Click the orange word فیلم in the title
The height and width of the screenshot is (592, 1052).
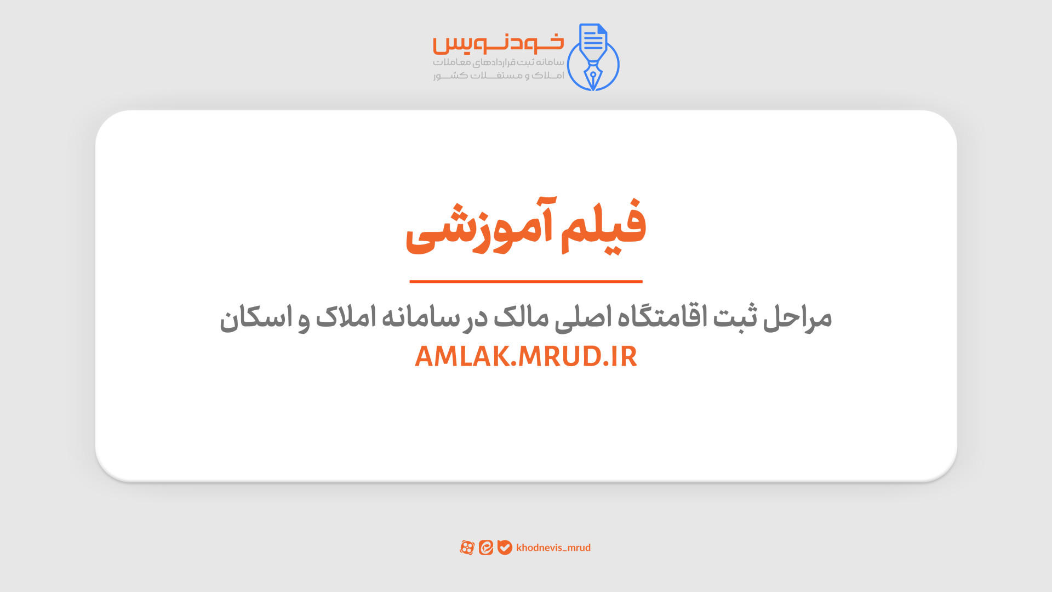click(603, 226)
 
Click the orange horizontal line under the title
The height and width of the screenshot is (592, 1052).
click(526, 281)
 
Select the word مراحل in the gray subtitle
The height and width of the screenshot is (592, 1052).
click(797, 318)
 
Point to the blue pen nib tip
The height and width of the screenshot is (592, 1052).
click(593, 88)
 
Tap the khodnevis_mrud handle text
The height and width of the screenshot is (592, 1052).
click(553, 548)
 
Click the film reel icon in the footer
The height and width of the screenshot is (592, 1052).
click(467, 548)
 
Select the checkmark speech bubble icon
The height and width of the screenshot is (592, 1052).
click(505, 548)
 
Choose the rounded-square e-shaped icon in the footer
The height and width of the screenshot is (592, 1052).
click(486, 548)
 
